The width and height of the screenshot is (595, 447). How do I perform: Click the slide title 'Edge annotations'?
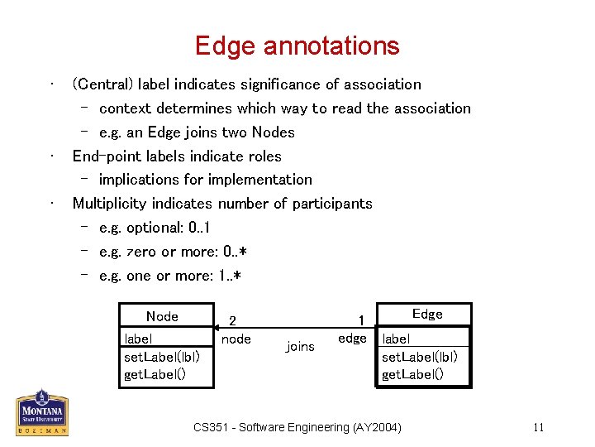pos(297,46)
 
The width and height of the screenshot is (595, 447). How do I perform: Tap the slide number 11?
pos(538,427)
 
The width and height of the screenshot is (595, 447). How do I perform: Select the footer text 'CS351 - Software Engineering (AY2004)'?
pos(297,427)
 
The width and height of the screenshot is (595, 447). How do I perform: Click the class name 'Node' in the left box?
pos(162,316)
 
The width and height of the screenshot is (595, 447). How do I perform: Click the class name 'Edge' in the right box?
pos(427,314)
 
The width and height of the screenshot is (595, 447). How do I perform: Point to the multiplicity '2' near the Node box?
pos(232,321)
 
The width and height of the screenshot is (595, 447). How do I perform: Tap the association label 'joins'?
pos(300,347)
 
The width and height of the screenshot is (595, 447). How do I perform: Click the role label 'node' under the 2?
pos(236,339)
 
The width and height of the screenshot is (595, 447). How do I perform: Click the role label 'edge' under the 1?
pos(353,339)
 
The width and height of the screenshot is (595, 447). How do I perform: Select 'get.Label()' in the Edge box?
pos(412,374)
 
